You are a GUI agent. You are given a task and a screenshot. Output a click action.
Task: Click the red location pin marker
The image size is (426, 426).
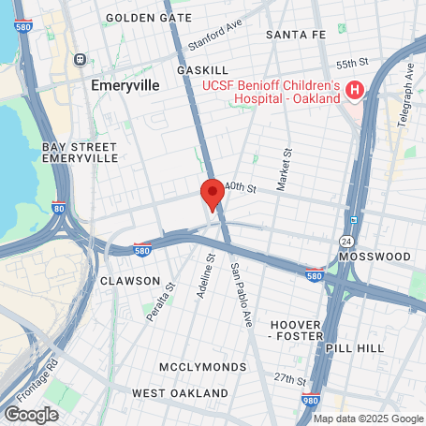[x=213, y=195]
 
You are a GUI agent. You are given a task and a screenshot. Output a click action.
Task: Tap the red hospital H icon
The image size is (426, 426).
[x=355, y=91]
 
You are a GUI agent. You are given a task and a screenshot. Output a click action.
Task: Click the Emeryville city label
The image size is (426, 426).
[x=125, y=84]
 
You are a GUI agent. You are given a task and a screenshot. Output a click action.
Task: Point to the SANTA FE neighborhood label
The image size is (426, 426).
[x=295, y=34]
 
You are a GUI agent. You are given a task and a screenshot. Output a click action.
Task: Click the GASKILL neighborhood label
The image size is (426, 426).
[x=202, y=70]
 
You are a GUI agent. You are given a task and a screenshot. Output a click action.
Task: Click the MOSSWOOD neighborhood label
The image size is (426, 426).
[x=375, y=256]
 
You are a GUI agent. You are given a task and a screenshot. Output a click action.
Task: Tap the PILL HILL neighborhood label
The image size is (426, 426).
[x=355, y=347]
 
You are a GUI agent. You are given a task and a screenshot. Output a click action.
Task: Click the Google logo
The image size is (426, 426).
[x=31, y=414]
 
